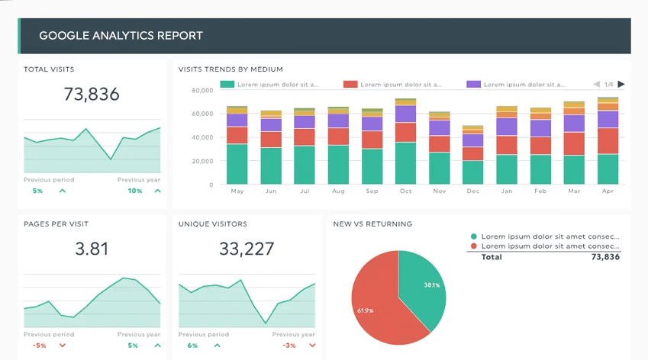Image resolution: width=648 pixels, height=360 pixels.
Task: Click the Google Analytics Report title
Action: tap(121, 36)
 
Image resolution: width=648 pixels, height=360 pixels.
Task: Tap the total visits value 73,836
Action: tap(92, 95)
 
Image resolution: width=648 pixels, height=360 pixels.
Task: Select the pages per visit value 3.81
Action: tap(92, 249)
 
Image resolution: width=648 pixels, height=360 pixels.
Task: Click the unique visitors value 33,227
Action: tap(247, 249)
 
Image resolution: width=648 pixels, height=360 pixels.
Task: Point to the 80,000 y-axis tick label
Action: tap(202, 90)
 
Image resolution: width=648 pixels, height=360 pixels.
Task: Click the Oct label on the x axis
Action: tap(405, 191)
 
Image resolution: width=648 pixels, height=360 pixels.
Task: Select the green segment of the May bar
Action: tap(237, 164)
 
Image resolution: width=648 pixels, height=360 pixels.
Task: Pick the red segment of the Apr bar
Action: tap(608, 141)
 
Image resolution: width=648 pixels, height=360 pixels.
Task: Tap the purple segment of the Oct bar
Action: tap(405, 114)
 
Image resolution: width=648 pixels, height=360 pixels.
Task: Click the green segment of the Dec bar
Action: tap(472, 172)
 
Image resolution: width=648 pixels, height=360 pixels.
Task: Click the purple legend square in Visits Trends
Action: tap(472, 85)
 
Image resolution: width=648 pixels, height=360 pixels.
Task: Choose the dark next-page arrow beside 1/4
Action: tap(621, 85)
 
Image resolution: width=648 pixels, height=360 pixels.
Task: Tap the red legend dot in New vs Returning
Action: tap(474, 246)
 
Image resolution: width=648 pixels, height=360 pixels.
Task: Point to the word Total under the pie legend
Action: tap(492, 257)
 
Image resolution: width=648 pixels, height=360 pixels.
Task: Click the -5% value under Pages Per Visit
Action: tap(40, 346)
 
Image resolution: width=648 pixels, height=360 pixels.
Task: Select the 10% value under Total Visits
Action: tap(135, 191)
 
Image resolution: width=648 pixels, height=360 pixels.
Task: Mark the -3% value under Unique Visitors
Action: tap(289, 346)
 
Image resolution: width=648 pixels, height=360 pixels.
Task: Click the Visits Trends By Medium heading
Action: tap(231, 69)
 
